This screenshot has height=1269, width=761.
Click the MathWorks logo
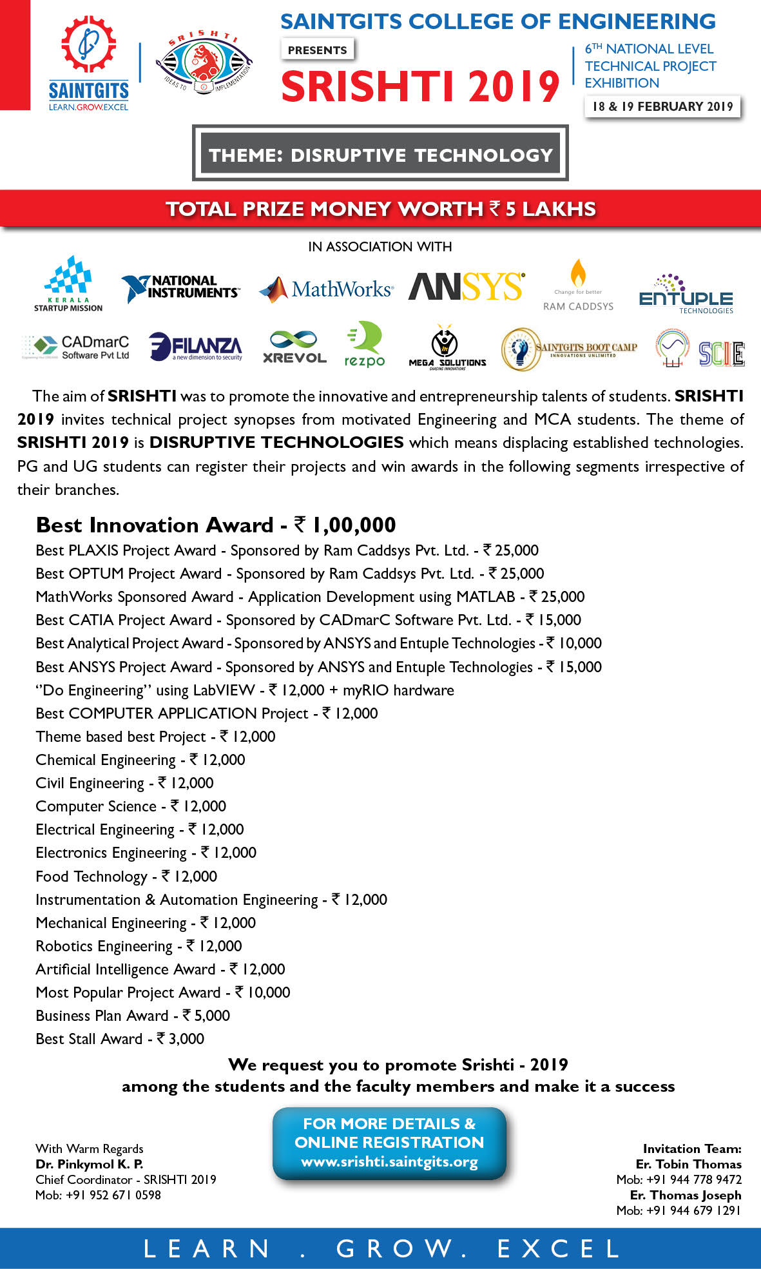click(x=326, y=289)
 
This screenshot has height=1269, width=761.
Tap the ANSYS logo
click(x=467, y=287)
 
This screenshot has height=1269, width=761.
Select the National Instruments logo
click(x=180, y=287)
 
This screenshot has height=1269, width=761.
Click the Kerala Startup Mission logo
click(x=68, y=284)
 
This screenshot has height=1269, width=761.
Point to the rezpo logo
click(x=365, y=345)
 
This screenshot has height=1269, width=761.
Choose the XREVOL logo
click(x=294, y=347)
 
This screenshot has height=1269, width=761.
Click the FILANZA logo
click(x=196, y=347)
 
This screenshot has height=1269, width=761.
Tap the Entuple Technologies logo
click(x=686, y=295)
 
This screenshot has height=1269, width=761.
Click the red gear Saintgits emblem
click(x=89, y=44)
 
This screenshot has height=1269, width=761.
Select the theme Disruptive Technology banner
click(x=380, y=155)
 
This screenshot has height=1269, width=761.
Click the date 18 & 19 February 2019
click(x=662, y=107)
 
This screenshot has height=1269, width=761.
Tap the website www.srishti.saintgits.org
click(x=389, y=1162)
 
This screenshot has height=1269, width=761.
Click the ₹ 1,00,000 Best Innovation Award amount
click(x=345, y=525)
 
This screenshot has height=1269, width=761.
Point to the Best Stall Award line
click(x=120, y=1039)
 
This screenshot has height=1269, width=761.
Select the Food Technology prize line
click(x=126, y=877)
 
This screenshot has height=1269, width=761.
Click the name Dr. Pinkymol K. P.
click(x=90, y=1164)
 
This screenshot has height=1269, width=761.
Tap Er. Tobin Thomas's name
click(x=688, y=1164)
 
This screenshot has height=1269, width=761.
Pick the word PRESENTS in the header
click(x=317, y=50)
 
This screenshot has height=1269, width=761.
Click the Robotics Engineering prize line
click(x=139, y=946)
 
